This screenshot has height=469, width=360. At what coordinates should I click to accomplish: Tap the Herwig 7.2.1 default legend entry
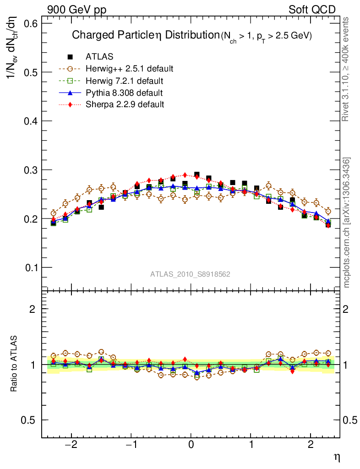[124, 81]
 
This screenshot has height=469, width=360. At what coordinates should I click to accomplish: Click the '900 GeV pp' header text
[76, 10]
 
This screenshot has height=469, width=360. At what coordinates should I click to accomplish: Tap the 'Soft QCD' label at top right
[312, 10]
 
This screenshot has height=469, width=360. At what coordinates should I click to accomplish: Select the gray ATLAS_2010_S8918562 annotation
[190, 274]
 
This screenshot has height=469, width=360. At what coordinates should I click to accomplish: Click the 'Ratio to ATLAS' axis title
[14, 364]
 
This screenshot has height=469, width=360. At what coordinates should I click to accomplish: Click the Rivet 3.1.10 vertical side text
[347, 69]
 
